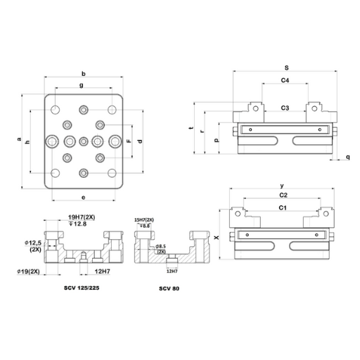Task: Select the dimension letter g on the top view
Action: pos(82,85)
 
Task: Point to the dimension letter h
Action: pos(27,142)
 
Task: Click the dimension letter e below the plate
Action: pos(84,196)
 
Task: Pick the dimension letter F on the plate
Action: pos(129,141)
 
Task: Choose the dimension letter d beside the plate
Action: pos(141,141)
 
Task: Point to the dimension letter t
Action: pos(191,129)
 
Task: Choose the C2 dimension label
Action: pos(283,194)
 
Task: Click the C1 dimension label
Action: pos(283,208)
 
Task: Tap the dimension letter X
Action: pos(217,238)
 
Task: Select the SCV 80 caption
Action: pos(169,288)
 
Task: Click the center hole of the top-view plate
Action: pos(84,141)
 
